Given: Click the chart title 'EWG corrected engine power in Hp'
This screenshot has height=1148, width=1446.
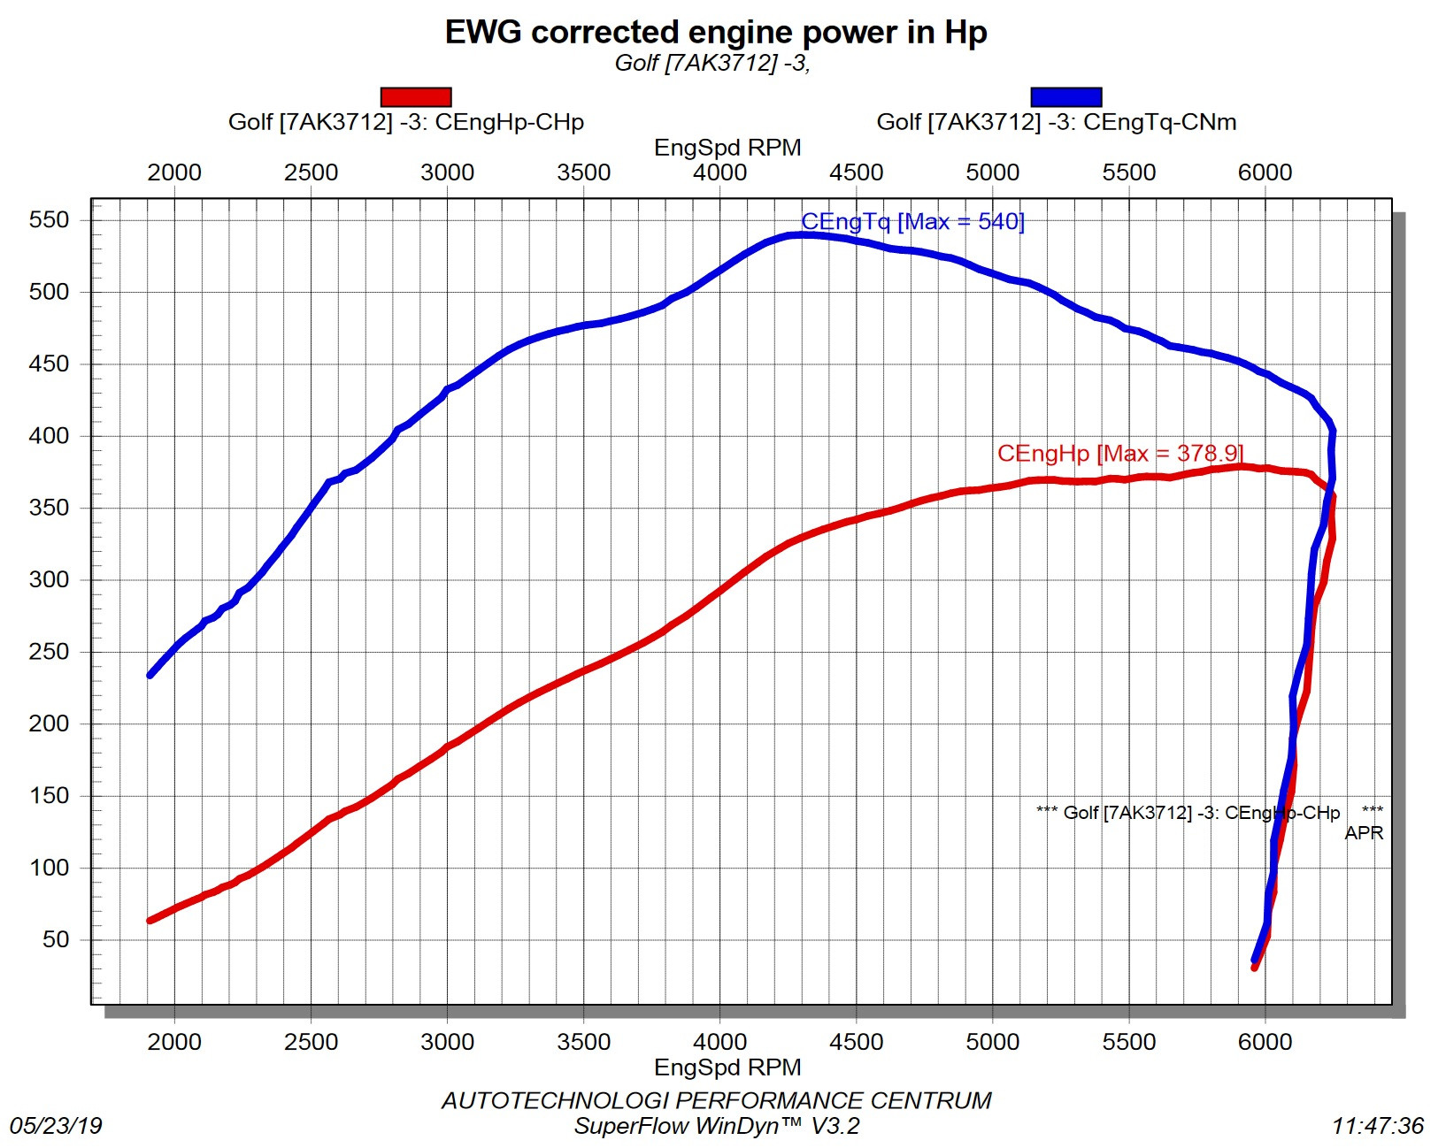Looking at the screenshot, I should click(x=715, y=33).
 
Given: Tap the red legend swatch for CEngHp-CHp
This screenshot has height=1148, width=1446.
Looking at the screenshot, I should click(x=415, y=96).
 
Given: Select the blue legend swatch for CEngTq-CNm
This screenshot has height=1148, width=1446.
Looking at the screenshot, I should click(x=1065, y=96).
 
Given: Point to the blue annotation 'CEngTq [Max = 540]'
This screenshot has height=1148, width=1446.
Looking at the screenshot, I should click(x=912, y=222).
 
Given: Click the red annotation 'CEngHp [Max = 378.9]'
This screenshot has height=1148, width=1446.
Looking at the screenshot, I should click(x=1119, y=454).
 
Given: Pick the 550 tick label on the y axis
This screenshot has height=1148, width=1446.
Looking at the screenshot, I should click(x=49, y=220).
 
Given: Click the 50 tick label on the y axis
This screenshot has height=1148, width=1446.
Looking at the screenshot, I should click(x=55, y=939).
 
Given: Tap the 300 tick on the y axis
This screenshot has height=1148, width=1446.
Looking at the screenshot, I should click(x=49, y=580).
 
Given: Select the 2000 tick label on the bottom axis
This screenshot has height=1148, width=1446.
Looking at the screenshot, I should click(x=174, y=1042).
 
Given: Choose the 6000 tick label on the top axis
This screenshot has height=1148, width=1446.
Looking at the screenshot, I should click(x=1265, y=172).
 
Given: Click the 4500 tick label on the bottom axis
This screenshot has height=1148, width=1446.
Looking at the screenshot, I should click(x=856, y=1042).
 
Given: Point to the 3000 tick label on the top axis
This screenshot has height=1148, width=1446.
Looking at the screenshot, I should click(x=447, y=172).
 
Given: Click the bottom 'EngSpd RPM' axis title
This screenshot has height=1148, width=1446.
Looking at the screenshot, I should click(x=727, y=1068).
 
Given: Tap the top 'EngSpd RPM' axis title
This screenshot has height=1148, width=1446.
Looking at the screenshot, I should click(x=727, y=148).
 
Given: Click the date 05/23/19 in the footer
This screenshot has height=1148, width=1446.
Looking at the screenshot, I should click(x=56, y=1126).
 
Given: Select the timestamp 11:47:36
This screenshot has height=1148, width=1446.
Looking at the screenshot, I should click(x=1377, y=1126).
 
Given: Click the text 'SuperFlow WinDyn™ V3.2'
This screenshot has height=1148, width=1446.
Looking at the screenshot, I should click(x=717, y=1126).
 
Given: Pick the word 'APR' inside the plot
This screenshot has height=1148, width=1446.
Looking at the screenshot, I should click(x=1363, y=833).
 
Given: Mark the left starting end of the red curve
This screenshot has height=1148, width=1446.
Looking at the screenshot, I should click(x=150, y=921).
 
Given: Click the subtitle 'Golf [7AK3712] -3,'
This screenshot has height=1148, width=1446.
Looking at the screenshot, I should click(x=712, y=63).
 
